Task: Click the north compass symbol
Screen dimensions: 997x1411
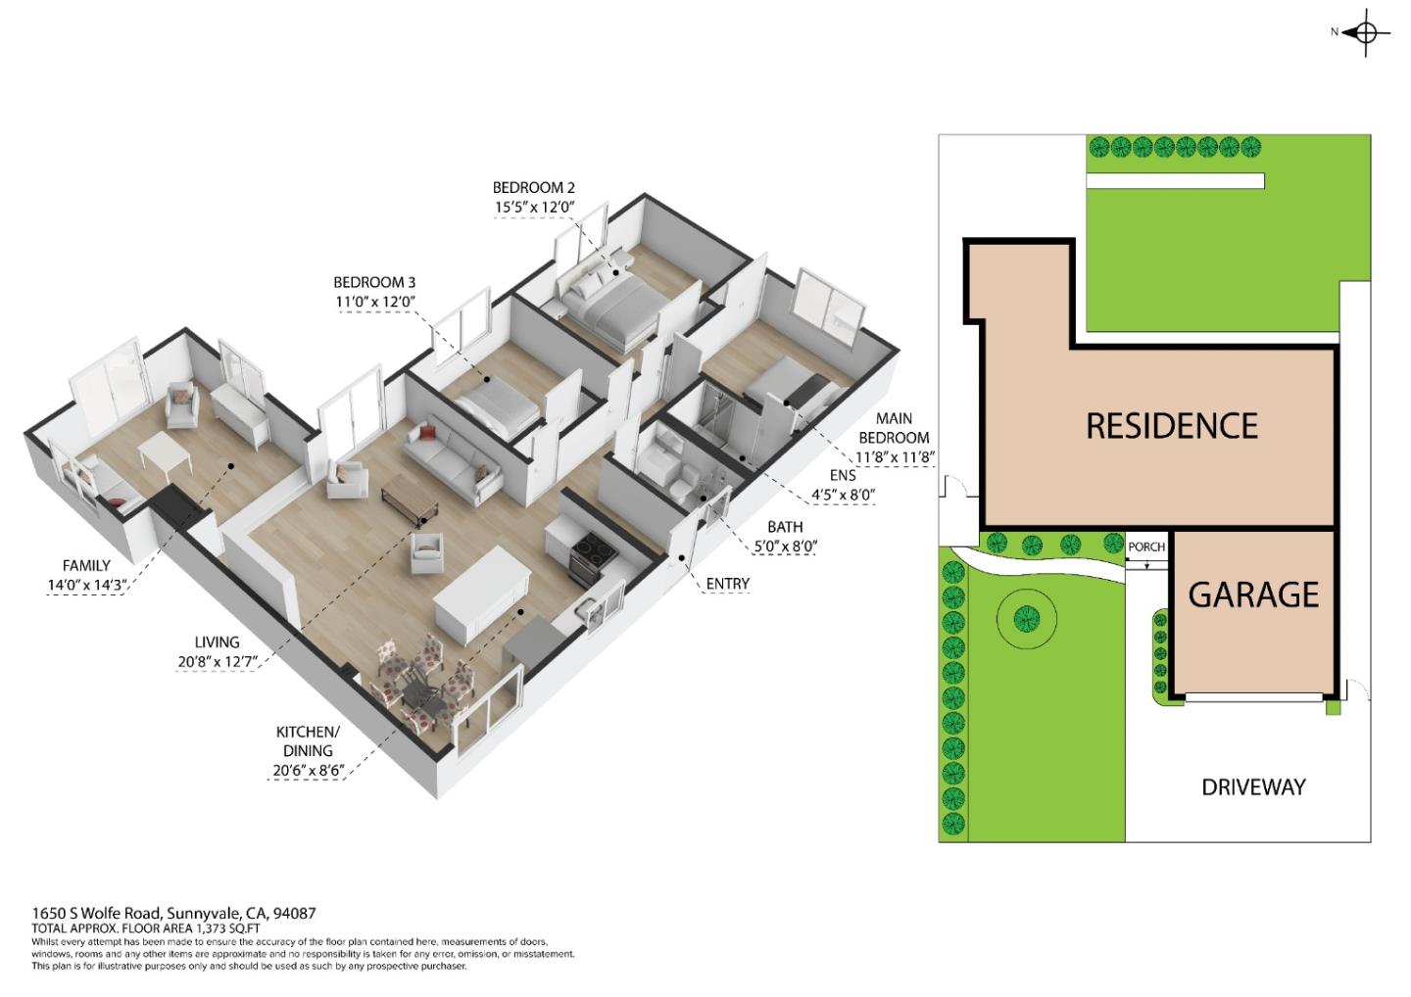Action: pos(1366,33)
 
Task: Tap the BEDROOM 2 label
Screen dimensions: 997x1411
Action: pos(533,187)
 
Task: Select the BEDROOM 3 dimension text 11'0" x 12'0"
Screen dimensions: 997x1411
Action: pos(375,302)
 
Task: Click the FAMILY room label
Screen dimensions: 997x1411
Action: pos(86,565)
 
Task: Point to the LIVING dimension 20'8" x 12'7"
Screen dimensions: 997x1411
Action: pos(218,662)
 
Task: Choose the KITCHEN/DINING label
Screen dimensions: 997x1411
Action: pos(308,740)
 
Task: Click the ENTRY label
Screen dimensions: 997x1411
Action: pos(727,584)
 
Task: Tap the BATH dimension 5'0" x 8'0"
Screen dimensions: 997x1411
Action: pos(785,546)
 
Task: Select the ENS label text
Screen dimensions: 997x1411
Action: pos(843,475)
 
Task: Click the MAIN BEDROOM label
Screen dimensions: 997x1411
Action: pos(894,428)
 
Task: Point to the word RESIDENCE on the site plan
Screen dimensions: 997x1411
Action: pos(1172,426)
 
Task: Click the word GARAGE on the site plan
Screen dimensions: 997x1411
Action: pos(1253,594)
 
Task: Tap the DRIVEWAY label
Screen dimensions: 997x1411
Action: pos(1253,786)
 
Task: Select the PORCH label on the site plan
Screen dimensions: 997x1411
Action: pos(1146,546)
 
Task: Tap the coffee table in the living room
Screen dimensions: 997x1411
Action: pos(410,495)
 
